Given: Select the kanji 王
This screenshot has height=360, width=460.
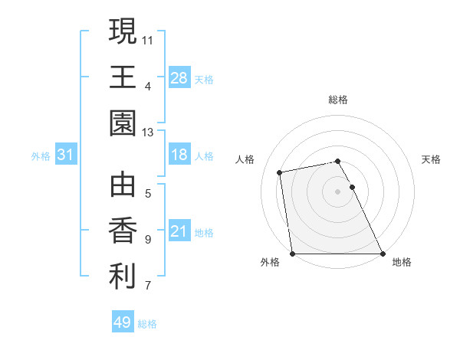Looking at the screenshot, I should [x=123, y=77].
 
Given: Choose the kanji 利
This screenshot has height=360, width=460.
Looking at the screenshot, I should [x=123, y=277].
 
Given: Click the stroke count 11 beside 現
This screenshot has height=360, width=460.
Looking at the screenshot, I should [x=148, y=39].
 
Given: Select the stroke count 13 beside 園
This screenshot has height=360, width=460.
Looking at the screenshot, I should [x=148, y=133].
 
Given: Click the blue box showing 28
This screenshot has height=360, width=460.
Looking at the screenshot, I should [x=179, y=78].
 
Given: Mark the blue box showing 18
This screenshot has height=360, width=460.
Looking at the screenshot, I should [x=179, y=155].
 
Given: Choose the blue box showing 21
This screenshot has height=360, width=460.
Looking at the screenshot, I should [x=179, y=231].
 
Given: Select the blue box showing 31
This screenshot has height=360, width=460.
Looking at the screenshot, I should [x=65, y=155].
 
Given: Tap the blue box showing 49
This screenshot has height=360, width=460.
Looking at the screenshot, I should [x=123, y=323].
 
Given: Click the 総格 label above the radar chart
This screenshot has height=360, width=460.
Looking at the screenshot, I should [x=338, y=100].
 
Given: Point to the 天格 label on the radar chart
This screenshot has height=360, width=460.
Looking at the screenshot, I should [x=432, y=159].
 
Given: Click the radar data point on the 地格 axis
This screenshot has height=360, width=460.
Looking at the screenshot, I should [x=383, y=254].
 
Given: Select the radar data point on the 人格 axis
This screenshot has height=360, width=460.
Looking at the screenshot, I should [x=281, y=172].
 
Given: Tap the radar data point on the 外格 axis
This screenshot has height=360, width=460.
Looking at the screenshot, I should [x=292, y=254].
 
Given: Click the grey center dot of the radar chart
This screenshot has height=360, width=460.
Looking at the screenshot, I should [x=338, y=191].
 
